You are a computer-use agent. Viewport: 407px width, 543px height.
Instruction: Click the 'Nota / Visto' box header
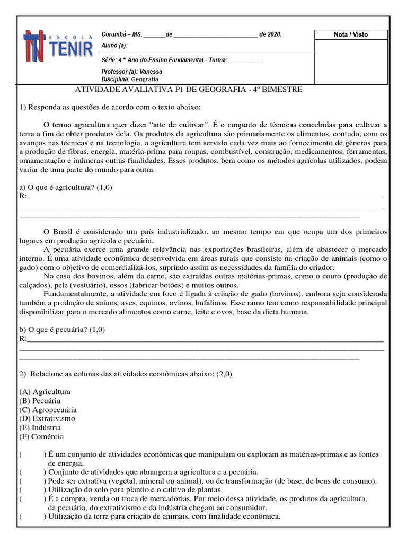point(350,34)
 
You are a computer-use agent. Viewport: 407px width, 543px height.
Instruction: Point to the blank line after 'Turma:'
point(244,60)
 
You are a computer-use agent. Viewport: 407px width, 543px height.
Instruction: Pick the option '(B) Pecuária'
point(40,401)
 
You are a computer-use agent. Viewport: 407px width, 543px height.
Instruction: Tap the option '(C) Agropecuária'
point(48,410)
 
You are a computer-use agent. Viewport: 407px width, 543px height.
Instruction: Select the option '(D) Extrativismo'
point(47,418)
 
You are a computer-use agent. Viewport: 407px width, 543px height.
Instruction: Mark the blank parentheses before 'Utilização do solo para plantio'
point(32,490)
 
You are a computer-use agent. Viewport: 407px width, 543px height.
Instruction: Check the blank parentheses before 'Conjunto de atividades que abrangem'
point(32,472)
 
